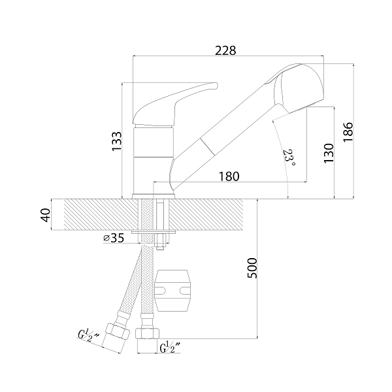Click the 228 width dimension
click(x=225, y=50)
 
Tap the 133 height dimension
click(x=117, y=141)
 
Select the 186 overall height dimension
click(x=348, y=132)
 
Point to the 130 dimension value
click(x=329, y=153)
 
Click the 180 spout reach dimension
click(x=229, y=176)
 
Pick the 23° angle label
click(x=289, y=158)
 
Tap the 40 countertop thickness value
click(x=46, y=215)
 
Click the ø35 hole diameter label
click(x=114, y=238)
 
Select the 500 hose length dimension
click(x=252, y=269)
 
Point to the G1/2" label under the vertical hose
click(x=170, y=348)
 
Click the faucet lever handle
click(x=175, y=104)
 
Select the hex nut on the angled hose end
click(x=118, y=331)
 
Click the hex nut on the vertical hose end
click(x=147, y=333)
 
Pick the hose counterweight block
click(x=172, y=291)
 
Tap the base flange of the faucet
click(x=154, y=196)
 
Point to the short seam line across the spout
click(x=207, y=146)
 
